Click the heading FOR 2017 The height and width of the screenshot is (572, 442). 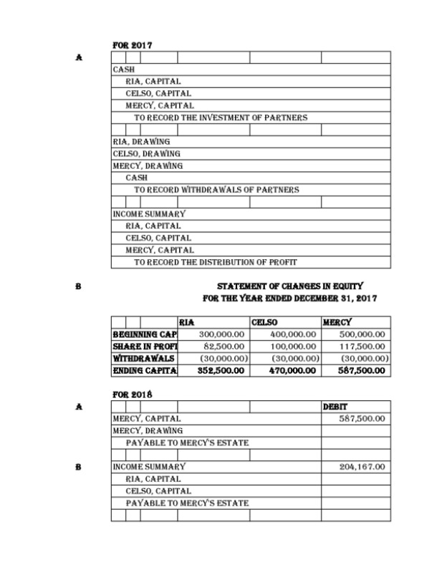click(x=132, y=45)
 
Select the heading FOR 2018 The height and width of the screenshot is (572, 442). click(x=132, y=394)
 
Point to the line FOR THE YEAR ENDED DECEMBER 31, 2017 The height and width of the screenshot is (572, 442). click(x=289, y=298)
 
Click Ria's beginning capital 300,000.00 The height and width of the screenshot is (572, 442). click(x=221, y=334)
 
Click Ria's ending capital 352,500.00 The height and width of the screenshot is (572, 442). click(x=221, y=371)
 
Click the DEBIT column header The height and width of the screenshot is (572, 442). click(x=335, y=407)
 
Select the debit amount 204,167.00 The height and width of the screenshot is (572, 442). click(x=362, y=467)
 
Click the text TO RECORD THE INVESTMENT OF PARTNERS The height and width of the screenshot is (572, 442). click(x=221, y=117)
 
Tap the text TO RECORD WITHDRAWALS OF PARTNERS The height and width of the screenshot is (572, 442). click(x=216, y=190)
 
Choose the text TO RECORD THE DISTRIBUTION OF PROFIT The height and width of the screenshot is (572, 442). click(x=216, y=262)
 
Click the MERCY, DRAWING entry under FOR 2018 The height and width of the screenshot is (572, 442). click(x=148, y=431)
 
